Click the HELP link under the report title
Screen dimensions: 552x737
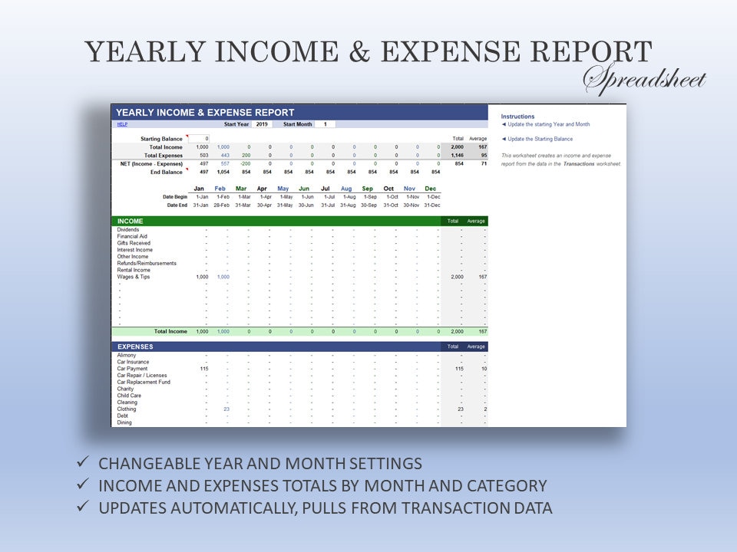(122, 124)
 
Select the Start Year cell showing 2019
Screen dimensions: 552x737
(262, 124)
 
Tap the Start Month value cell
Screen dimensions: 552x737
(325, 124)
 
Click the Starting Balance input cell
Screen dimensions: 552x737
(199, 139)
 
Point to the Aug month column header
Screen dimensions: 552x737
(346, 189)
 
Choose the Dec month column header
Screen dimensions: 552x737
(431, 189)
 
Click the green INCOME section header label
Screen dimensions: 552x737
(131, 221)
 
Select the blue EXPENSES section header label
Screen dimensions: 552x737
(135, 347)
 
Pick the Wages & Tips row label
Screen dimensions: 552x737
(134, 277)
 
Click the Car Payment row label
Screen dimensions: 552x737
(132, 369)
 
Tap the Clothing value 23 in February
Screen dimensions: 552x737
(226, 409)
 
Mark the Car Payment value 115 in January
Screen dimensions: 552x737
(203, 369)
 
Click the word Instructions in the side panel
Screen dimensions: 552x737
(517, 117)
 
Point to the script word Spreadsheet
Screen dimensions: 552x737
(644, 79)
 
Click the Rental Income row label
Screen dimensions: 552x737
(134, 270)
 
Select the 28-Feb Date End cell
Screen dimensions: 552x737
(220, 205)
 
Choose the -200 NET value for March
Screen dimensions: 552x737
(245, 163)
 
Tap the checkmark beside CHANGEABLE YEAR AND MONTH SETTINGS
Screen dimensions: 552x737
(82, 463)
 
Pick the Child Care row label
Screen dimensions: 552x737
(129, 396)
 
